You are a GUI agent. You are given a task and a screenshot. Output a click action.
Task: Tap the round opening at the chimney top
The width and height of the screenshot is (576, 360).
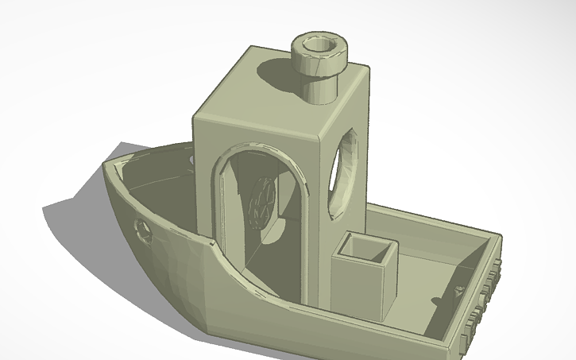click(319, 45)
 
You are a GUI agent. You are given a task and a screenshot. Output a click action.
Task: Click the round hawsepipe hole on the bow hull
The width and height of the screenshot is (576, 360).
click(144, 231)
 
